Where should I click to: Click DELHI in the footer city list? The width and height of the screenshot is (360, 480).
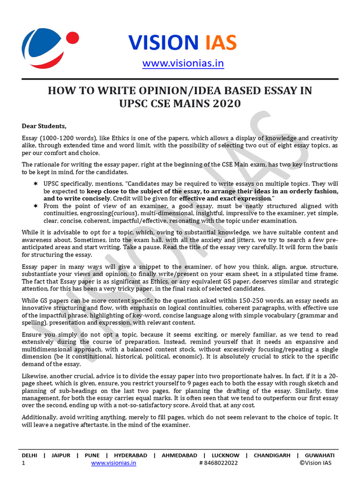pyautogui.click(x=30, y=455)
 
